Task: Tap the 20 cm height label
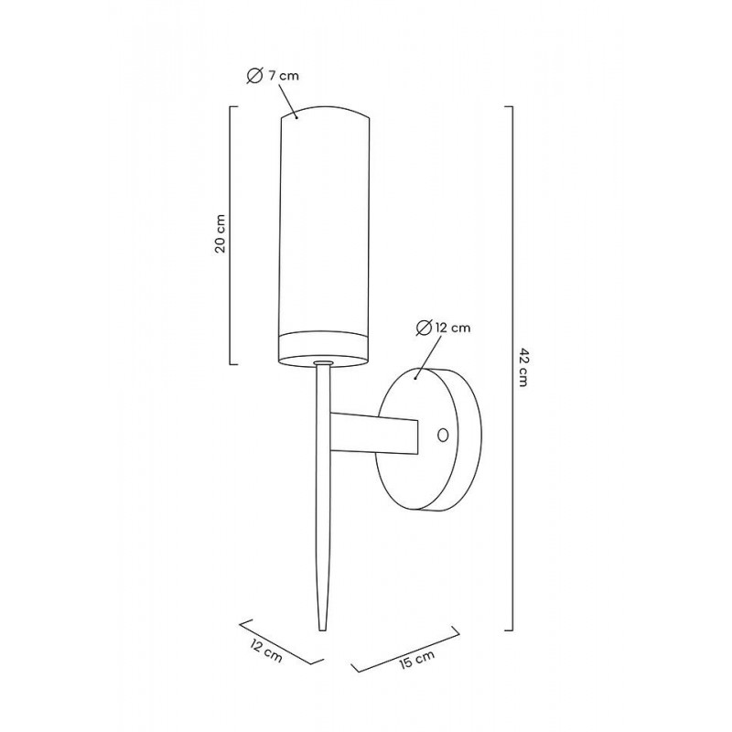point(220,233)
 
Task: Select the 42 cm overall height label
point(522,367)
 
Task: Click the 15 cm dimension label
point(417,658)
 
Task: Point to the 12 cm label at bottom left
point(266,651)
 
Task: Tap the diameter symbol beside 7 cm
point(255,76)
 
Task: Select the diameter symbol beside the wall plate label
point(424,328)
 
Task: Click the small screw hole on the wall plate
point(443,436)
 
